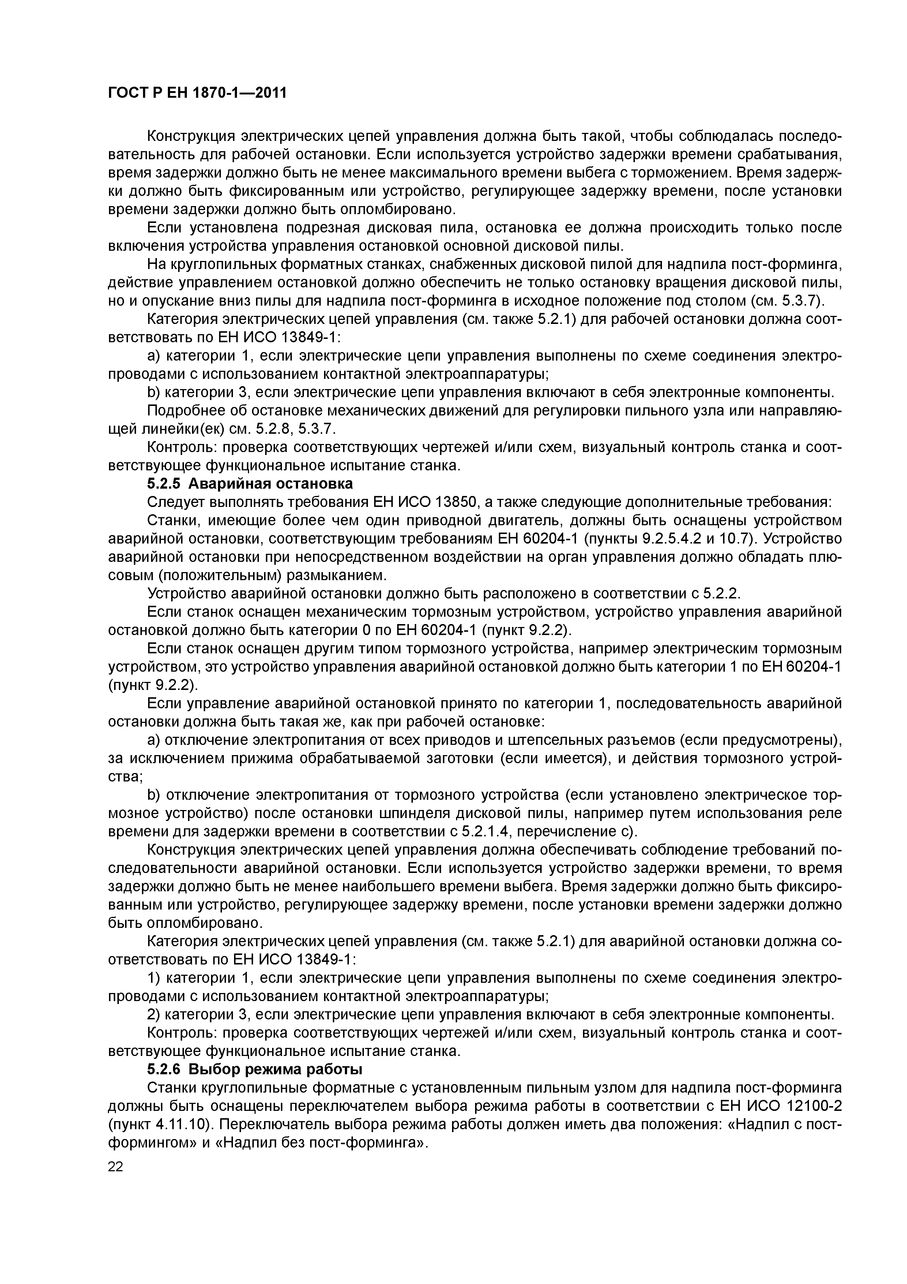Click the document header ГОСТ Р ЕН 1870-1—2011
pyautogui.click(x=197, y=92)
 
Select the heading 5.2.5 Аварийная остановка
pyautogui.click(x=250, y=483)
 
